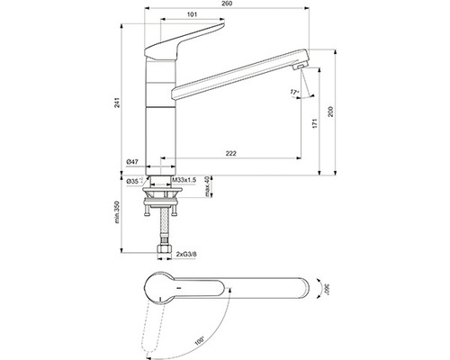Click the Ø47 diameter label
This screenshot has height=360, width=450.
(131, 163)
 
